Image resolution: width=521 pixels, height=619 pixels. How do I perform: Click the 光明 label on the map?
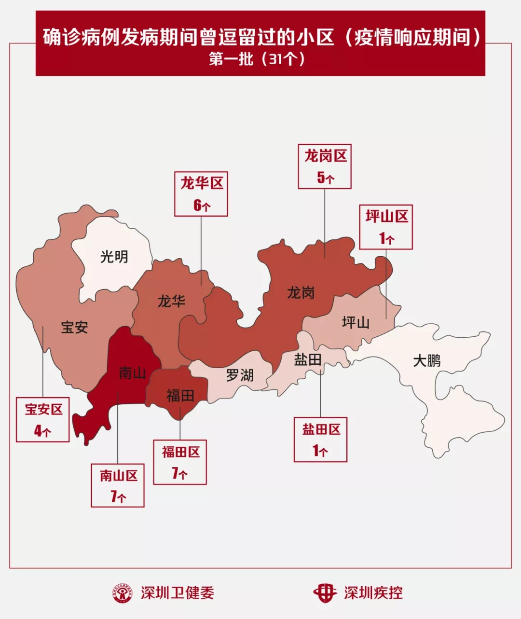114,256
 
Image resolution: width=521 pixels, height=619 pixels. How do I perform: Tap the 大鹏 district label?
426,360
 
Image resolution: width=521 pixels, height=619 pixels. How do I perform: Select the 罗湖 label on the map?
240,375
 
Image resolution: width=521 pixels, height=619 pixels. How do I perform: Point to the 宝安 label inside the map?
74,327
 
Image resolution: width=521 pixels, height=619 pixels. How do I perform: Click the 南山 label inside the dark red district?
132,373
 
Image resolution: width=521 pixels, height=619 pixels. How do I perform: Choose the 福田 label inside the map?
180,396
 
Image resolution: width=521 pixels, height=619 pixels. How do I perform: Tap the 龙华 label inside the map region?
171,302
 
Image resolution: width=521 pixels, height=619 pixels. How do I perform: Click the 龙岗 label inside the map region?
301,292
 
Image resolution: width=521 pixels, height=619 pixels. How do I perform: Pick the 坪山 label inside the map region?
356,322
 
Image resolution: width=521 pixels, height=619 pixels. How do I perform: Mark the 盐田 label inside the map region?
308,359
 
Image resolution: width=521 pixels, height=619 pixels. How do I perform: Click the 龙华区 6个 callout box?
201,194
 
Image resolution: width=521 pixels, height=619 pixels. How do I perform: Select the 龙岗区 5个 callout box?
325,166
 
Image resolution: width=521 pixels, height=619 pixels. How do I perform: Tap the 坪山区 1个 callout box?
386,227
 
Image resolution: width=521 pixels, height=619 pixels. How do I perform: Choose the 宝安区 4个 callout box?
43,419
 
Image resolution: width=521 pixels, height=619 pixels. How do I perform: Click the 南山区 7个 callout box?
118,485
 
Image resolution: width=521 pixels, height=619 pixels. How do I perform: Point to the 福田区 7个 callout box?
180,462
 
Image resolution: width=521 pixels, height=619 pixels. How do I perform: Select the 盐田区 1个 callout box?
321,440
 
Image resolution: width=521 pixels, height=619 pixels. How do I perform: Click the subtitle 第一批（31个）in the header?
258,59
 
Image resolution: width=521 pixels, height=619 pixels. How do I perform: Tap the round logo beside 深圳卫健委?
123,593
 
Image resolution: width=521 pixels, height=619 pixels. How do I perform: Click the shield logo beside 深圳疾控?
325,593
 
